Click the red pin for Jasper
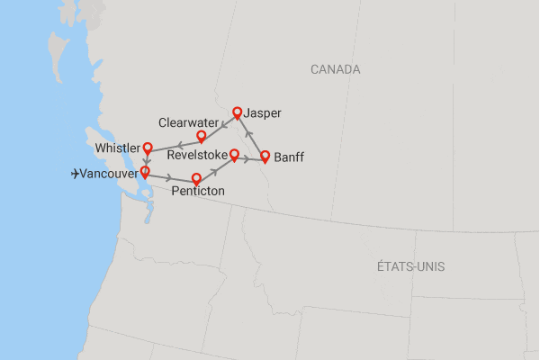point(238,112)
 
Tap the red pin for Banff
point(265,156)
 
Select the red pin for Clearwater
point(202,136)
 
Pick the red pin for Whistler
point(148,149)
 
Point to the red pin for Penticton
point(197,178)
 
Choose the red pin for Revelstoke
point(234,154)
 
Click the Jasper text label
point(263,113)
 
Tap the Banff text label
point(289,157)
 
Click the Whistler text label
point(118,148)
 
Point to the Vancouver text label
point(108,174)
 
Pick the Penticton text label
point(198,192)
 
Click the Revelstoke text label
point(197,156)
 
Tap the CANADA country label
point(335,69)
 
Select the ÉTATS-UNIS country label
point(411,267)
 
